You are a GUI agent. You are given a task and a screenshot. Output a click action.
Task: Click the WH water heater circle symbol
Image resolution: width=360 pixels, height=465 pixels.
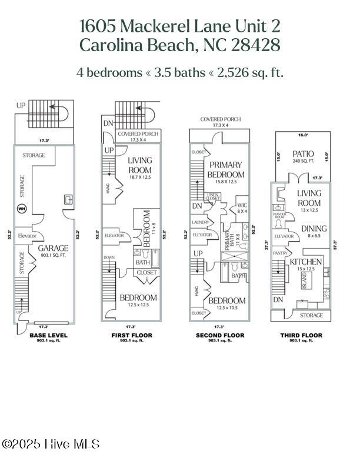pos(22,208)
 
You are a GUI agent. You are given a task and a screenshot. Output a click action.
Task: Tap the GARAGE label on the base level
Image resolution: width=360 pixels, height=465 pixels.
pos(54,248)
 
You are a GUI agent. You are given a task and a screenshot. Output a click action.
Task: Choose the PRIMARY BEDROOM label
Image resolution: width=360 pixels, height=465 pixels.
pos(226,170)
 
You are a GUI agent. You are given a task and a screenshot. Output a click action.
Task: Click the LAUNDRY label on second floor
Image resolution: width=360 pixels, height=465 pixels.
pos(201,222)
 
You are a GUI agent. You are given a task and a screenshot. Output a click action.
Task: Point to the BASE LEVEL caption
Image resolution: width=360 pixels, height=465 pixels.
pos(48,335)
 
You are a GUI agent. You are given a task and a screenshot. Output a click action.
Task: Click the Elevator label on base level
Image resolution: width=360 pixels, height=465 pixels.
pos(28,236)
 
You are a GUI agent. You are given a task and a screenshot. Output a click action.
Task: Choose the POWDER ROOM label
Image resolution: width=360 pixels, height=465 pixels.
pos(279,215)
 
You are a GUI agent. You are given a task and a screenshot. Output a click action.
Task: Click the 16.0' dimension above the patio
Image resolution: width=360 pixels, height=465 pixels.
pos(303,135)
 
